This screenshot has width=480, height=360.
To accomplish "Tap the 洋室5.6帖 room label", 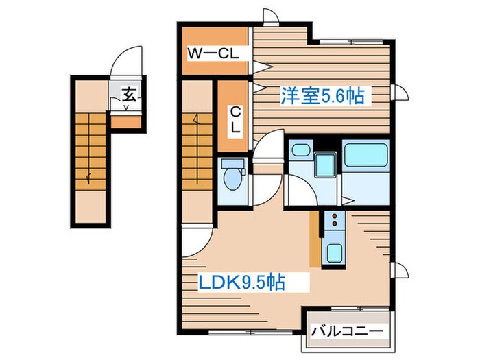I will [321, 97].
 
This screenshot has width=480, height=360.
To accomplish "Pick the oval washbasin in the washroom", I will [300, 149].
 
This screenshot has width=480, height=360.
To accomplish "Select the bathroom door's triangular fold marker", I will [348, 200].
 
